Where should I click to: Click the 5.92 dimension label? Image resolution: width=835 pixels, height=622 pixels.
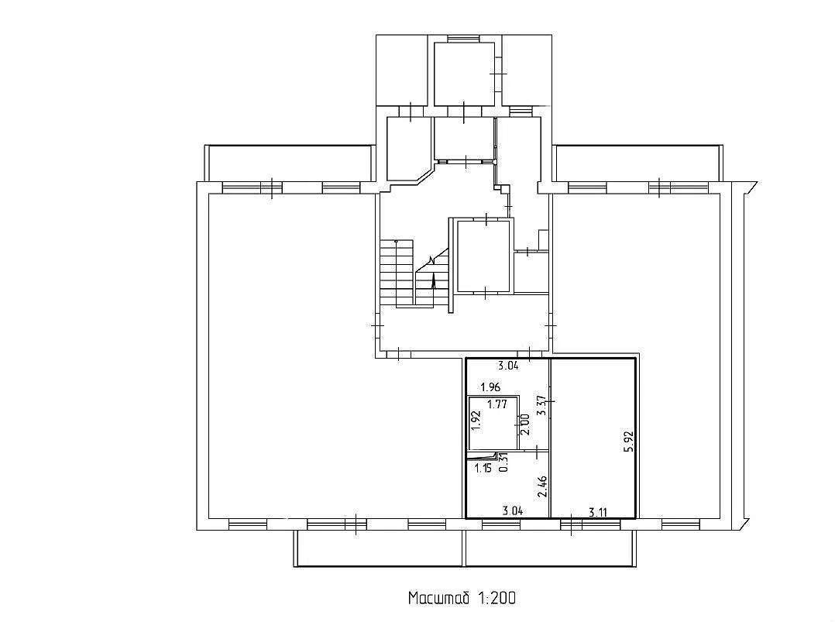[x=631, y=442]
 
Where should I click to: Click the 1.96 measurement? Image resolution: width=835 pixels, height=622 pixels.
[x=490, y=387]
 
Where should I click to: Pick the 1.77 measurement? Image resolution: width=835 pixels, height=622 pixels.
[x=497, y=404]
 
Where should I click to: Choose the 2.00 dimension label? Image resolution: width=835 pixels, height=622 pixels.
[x=524, y=424]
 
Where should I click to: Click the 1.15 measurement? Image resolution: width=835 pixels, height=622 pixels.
[x=483, y=469]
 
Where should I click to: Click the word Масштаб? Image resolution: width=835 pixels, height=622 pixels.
[x=438, y=598]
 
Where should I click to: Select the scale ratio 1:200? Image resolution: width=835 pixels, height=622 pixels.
[x=497, y=598]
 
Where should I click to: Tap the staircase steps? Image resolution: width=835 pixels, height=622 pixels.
[x=397, y=273]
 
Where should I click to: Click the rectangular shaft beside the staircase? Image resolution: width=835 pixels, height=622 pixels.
[x=483, y=256]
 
